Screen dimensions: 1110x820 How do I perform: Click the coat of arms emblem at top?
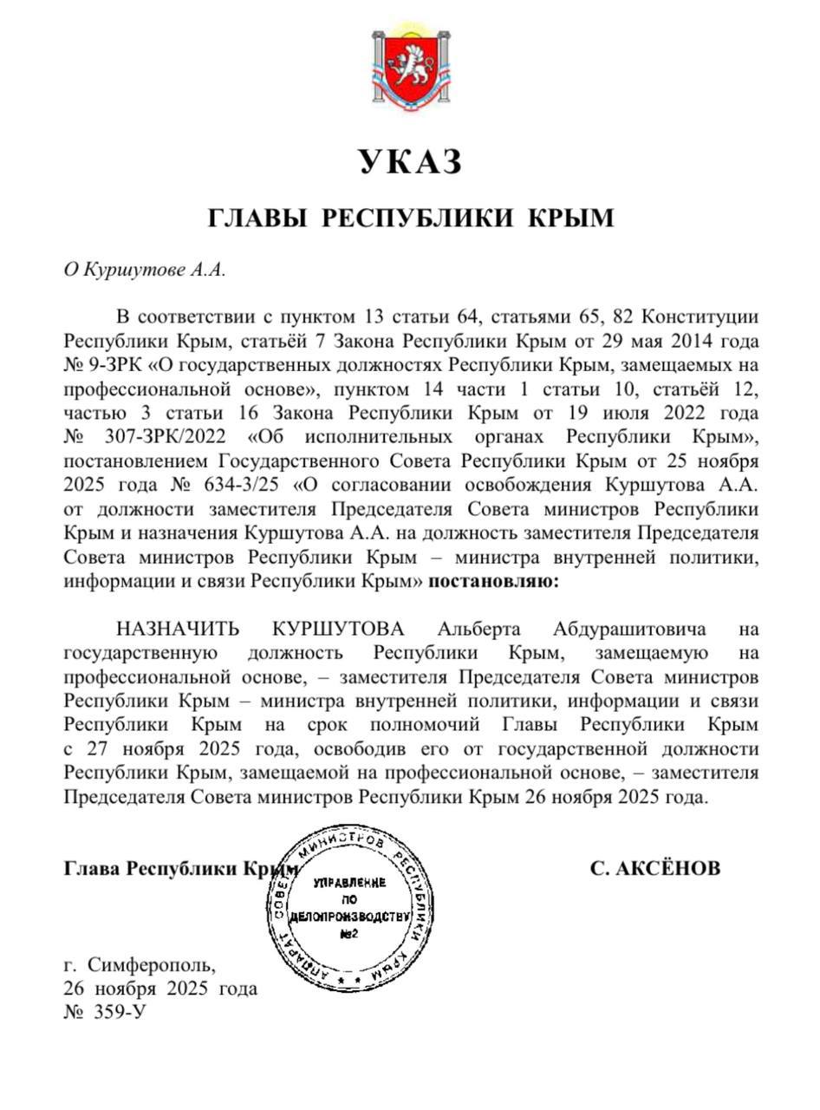(x=410, y=69)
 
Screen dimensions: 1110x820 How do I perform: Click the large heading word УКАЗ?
(x=410, y=162)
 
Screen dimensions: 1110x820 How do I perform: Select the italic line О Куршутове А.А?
(x=144, y=269)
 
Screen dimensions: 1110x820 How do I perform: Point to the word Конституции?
(x=703, y=315)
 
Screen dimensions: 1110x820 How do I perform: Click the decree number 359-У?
(x=113, y=1012)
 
